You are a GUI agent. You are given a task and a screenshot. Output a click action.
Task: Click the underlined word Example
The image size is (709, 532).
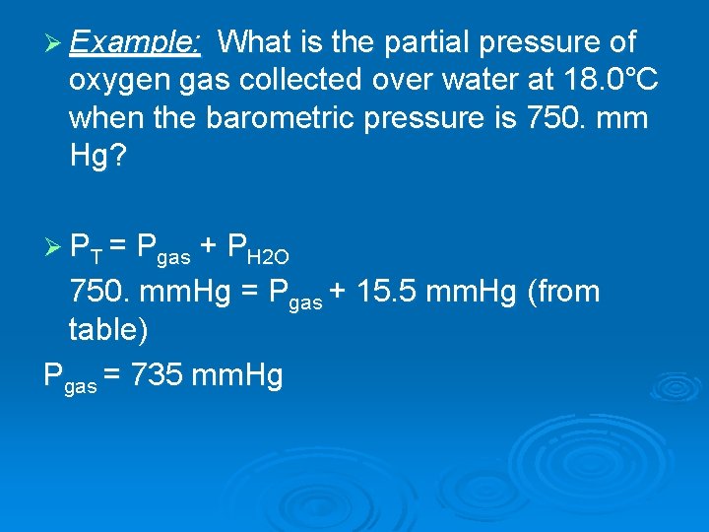click(136, 43)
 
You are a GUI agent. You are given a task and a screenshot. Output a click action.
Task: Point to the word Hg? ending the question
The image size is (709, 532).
click(97, 156)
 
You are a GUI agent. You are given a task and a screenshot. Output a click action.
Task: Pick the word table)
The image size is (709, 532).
click(108, 330)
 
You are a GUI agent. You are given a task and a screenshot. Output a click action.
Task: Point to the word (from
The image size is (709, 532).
click(562, 292)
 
